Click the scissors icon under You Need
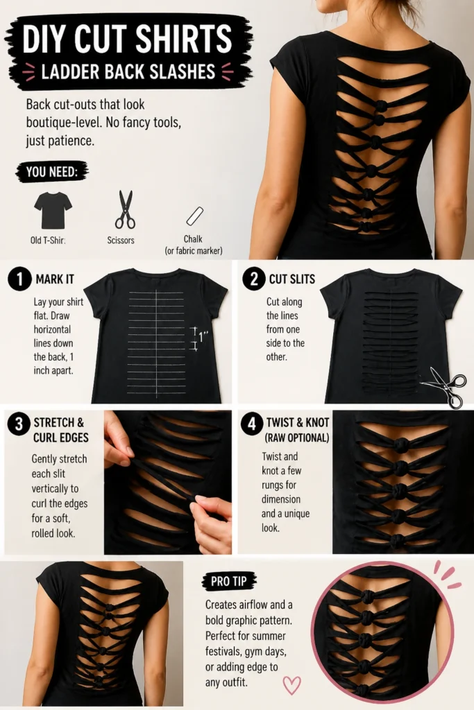pos(125,209)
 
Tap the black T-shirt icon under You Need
pos(53,210)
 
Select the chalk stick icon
pos(195,216)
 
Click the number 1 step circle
pos(19,279)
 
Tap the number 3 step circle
pos(19,424)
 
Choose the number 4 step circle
pos(251,424)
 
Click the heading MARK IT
pos(55,279)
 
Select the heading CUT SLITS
pos(292,279)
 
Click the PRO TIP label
pos(229,581)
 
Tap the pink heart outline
pos(291,685)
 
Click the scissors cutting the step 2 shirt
pos(443,386)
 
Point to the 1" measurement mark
pos(200,338)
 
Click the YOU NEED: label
pos(51,172)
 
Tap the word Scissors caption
pos(121,240)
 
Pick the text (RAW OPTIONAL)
pos(297,438)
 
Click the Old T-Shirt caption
pos(48,240)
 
